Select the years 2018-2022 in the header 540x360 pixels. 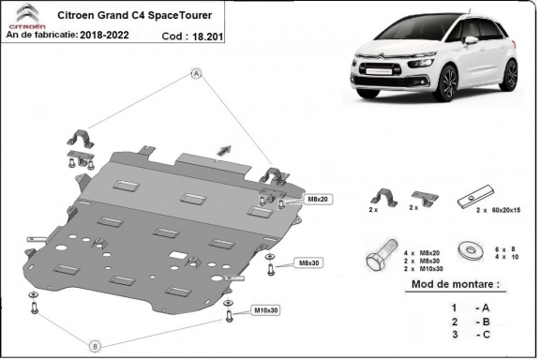tap(125, 35)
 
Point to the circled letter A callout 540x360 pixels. tap(198, 73)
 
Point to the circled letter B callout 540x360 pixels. tap(95, 346)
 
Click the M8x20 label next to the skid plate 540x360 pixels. tap(316, 200)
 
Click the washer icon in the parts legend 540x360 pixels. tap(467, 252)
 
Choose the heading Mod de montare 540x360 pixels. tap(455, 284)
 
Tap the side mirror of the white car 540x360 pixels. tap(471, 41)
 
